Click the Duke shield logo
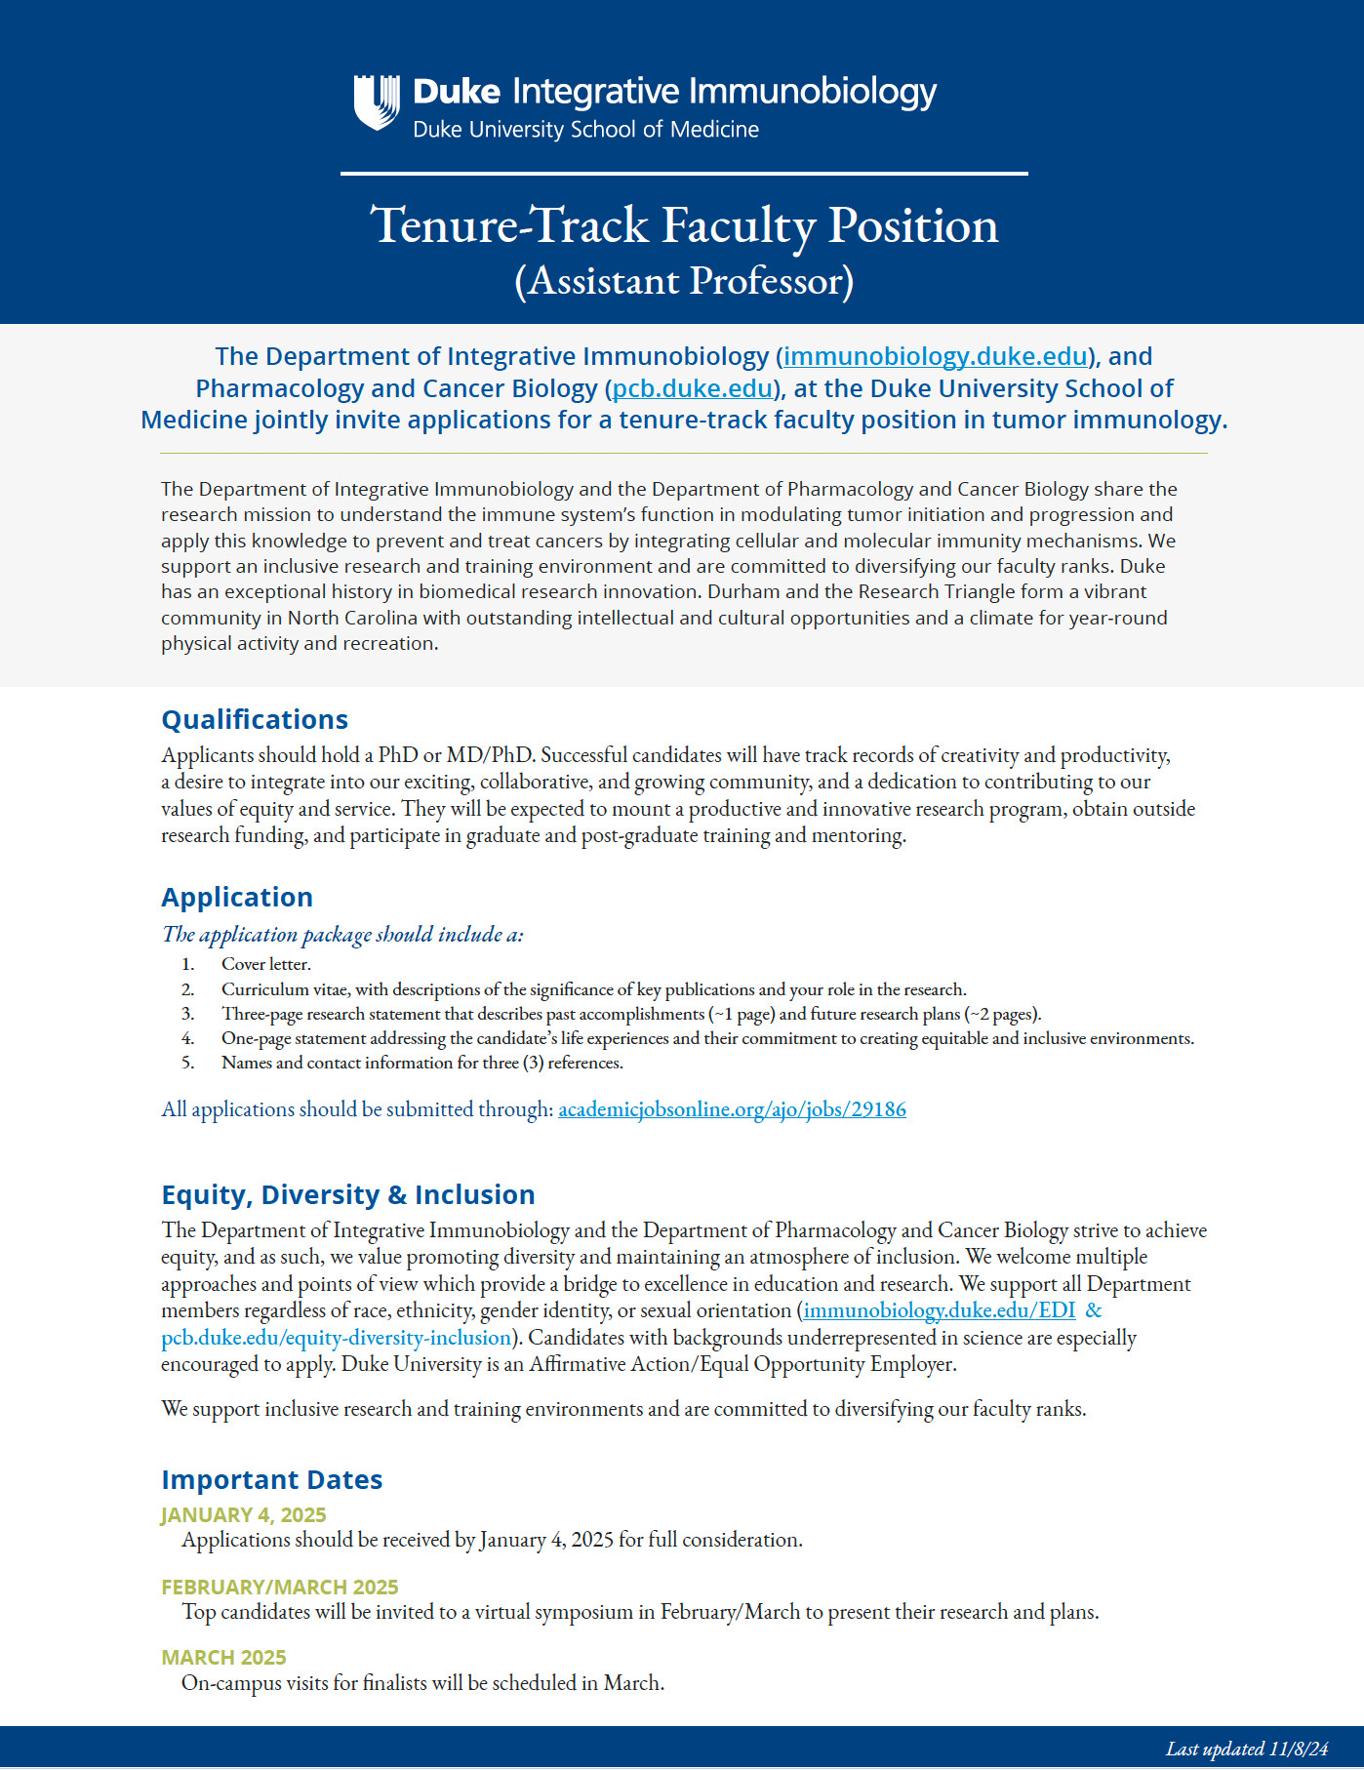(377, 102)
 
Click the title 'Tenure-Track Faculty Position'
(684, 225)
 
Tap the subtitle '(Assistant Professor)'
(684, 281)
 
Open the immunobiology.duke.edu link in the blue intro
(935, 356)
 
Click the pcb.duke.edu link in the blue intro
(693, 388)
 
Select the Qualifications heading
(255, 720)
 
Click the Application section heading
(237, 898)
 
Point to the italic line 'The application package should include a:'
(342, 935)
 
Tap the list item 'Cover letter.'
(266, 964)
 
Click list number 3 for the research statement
(187, 1014)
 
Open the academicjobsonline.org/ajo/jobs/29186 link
(732, 1109)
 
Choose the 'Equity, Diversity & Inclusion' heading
(348, 1195)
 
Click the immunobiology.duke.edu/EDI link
(940, 1310)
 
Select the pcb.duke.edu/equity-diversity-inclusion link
(337, 1338)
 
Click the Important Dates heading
(272, 1480)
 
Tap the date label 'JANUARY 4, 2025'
(244, 1515)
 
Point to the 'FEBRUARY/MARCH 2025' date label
(280, 1588)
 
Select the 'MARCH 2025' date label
(223, 1658)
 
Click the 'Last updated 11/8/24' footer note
(1247, 1749)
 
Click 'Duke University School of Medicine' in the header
(585, 130)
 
